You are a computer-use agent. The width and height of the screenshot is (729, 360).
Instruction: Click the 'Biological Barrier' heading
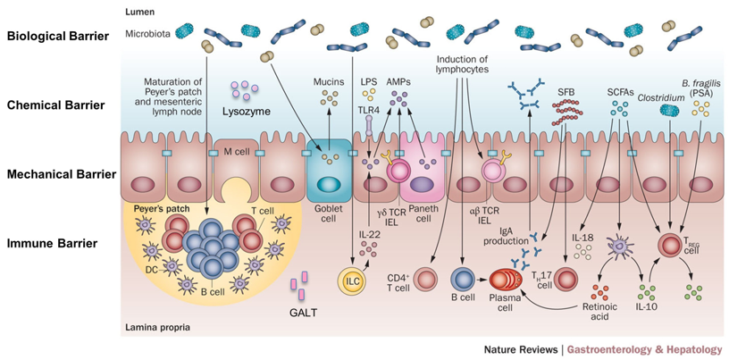coord(58,37)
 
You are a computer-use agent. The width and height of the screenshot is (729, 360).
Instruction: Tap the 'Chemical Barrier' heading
coord(55,105)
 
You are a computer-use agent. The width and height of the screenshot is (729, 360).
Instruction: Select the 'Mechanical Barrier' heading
coord(62,175)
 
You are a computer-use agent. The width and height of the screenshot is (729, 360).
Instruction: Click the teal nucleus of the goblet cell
coord(328,183)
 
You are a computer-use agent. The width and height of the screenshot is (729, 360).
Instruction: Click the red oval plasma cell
coord(505,280)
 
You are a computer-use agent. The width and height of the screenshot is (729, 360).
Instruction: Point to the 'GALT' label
coord(302,312)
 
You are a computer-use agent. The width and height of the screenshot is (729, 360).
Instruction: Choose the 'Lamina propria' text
coord(151,328)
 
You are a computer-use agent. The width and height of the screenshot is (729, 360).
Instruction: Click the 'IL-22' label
coord(370,236)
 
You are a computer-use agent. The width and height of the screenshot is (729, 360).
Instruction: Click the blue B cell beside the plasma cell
coord(463,280)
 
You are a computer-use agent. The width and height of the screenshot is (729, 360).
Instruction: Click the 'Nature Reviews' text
coord(520,349)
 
